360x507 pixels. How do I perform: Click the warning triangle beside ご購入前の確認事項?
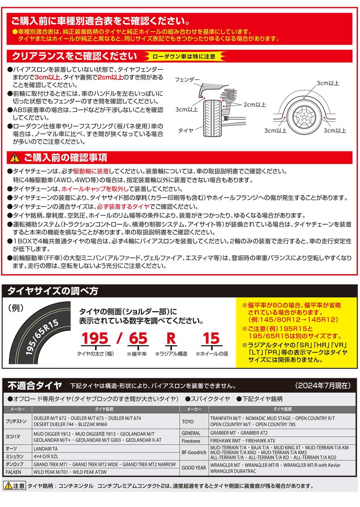(x=14, y=157)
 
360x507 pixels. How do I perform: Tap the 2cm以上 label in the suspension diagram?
(x=255, y=105)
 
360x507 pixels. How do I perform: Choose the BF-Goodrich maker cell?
(x=194, y=452)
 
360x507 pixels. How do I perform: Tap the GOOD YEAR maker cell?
(x=194, y=468)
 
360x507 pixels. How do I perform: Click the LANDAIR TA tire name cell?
(x=46, y=449)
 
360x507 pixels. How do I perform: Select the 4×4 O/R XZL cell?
(x=46, y=457)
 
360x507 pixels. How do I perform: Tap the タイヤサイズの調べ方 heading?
(x=53, y=290)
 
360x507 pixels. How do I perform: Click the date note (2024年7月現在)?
(x=322, y=386)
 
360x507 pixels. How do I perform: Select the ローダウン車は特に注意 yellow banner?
(x=184, y=56)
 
